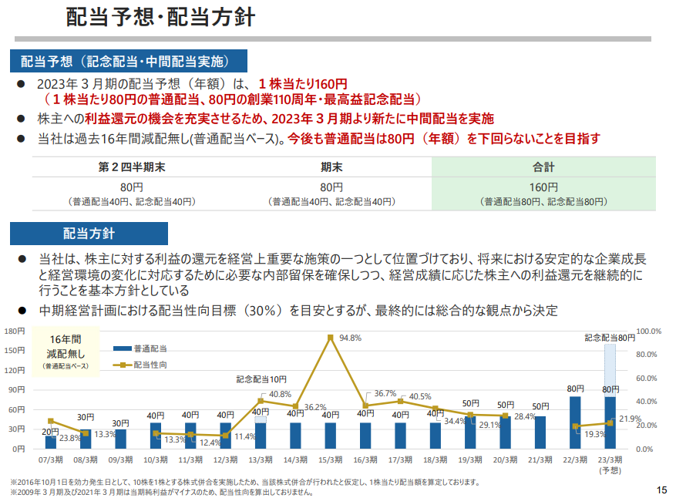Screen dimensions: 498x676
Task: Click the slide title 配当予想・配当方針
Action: pyautogui.click(x=161, y=17)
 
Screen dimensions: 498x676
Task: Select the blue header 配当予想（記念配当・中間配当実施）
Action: pyautogui.click(x=128, y=61)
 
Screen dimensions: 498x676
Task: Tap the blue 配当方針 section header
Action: pyautogui.click(x=89, y=234)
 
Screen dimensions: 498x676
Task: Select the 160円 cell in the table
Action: pyautogui.click(x=543, y=187)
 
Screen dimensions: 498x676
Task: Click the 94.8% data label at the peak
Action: pyautogui.click(x=349, y=338)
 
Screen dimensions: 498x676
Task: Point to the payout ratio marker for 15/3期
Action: pyautogui.click(x=330, y=337)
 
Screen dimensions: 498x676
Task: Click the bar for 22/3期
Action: pyautogui.click(x=575, y=422)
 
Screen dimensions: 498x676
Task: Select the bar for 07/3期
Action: pyautogui.click(x=51, y=442)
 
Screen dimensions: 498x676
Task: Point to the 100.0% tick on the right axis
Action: pyautogui.click(x=649, y=331)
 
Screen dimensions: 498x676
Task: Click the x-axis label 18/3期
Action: pyautogui.click(x=436, y=459)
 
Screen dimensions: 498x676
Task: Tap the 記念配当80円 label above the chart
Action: pyautogui.click(x=610, y=338)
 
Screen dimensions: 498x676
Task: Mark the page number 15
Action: pyautogui.click(x=661, y=489)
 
